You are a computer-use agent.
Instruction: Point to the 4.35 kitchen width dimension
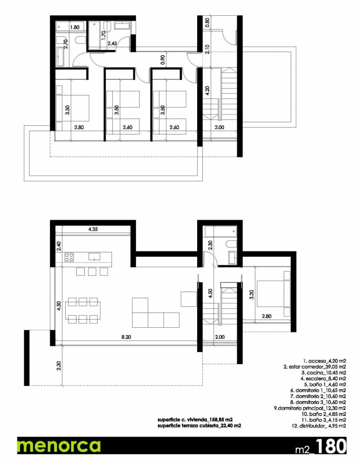(93, 229)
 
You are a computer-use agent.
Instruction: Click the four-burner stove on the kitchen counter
(69, 257)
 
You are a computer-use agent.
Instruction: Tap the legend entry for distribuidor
(316, 426)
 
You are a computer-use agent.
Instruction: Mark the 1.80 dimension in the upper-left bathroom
(74, 27)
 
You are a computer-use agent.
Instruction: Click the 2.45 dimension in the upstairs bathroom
(112, 44)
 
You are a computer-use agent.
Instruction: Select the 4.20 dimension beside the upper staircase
(207, 90)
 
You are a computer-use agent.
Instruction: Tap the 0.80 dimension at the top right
(207, 22)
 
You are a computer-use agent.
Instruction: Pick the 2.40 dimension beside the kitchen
(58, 246)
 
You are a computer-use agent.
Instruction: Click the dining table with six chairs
(83, 309)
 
